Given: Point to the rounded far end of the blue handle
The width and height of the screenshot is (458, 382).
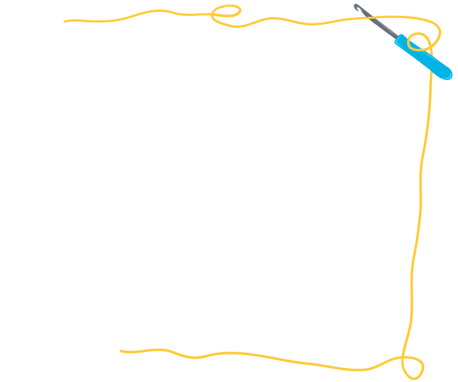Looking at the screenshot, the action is pyautogui.click(x=448, y=75).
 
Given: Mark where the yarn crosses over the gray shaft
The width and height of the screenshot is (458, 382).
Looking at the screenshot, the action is pyautogui.click(x=369, y=17).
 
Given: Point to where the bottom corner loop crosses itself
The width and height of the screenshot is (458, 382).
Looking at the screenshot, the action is pyautogui.click(x=403, y=357).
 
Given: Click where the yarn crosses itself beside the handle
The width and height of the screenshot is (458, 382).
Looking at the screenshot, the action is pyautogui.click(x=431, y=47).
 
